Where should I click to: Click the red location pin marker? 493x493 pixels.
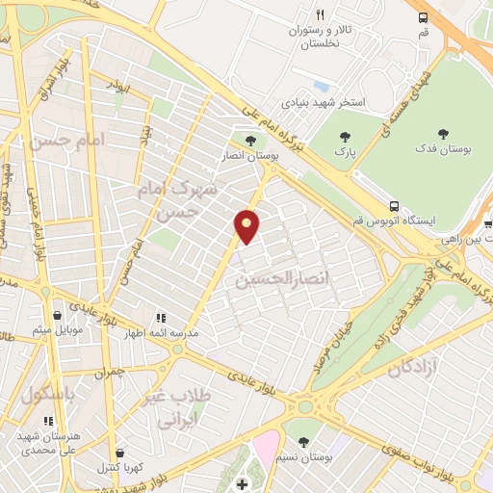tap(247, 225)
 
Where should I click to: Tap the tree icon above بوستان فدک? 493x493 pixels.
tap(443, 135)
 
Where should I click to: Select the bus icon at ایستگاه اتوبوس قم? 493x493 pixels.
tap(394, 206)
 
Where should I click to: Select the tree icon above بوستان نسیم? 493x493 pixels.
tap(304, 442)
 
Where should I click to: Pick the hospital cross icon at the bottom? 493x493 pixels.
tap(242, 481)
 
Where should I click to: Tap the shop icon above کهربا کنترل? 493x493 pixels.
tap(118, 454)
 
